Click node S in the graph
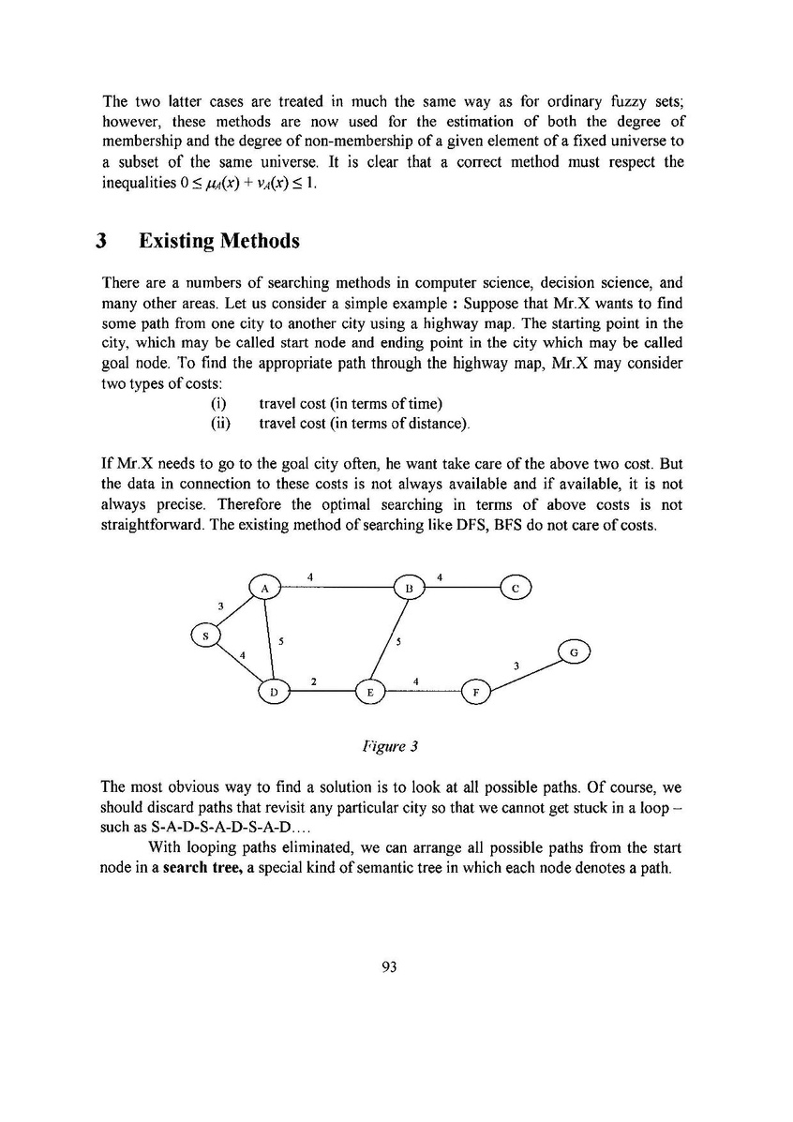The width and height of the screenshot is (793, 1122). point(205,636)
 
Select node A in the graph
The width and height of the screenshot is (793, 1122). point(265,587)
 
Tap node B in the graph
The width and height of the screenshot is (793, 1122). point(410,588)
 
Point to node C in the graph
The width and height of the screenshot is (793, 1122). point(516,588)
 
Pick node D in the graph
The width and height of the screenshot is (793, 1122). point(274,692)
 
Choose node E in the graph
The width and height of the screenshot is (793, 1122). point(370,693)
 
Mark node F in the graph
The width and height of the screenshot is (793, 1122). point(476,693)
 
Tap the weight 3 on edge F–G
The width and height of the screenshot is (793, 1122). point(516,665)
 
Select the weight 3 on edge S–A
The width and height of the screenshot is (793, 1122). point(219,606)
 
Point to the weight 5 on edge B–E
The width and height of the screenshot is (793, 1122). point(398,642)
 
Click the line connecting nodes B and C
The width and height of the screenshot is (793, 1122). point(463,588)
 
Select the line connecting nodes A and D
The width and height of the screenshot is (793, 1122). point(269,639)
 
